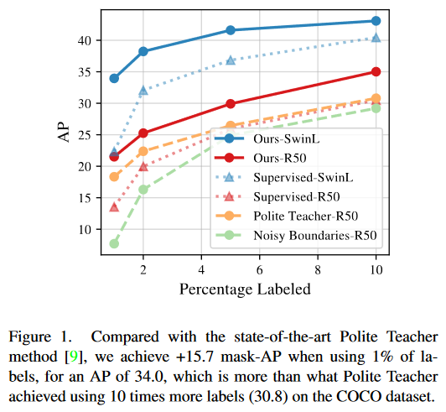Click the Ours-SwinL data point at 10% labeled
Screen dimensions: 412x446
[376, 21]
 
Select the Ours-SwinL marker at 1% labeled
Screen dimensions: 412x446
[114, 78]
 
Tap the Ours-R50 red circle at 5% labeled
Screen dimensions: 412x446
[231, 104]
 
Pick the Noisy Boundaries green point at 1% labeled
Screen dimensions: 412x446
[114, 243]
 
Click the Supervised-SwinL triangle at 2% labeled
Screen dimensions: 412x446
[143, 90]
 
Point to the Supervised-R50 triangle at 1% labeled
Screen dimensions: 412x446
[114, 206]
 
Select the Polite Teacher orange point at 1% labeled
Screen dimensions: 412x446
[114, 177]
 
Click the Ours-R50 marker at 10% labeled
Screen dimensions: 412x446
[376, 72]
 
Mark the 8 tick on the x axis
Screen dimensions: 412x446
[318, 271]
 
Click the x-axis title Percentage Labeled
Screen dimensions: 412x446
[244, 289]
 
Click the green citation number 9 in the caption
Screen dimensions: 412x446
[75, 355]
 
